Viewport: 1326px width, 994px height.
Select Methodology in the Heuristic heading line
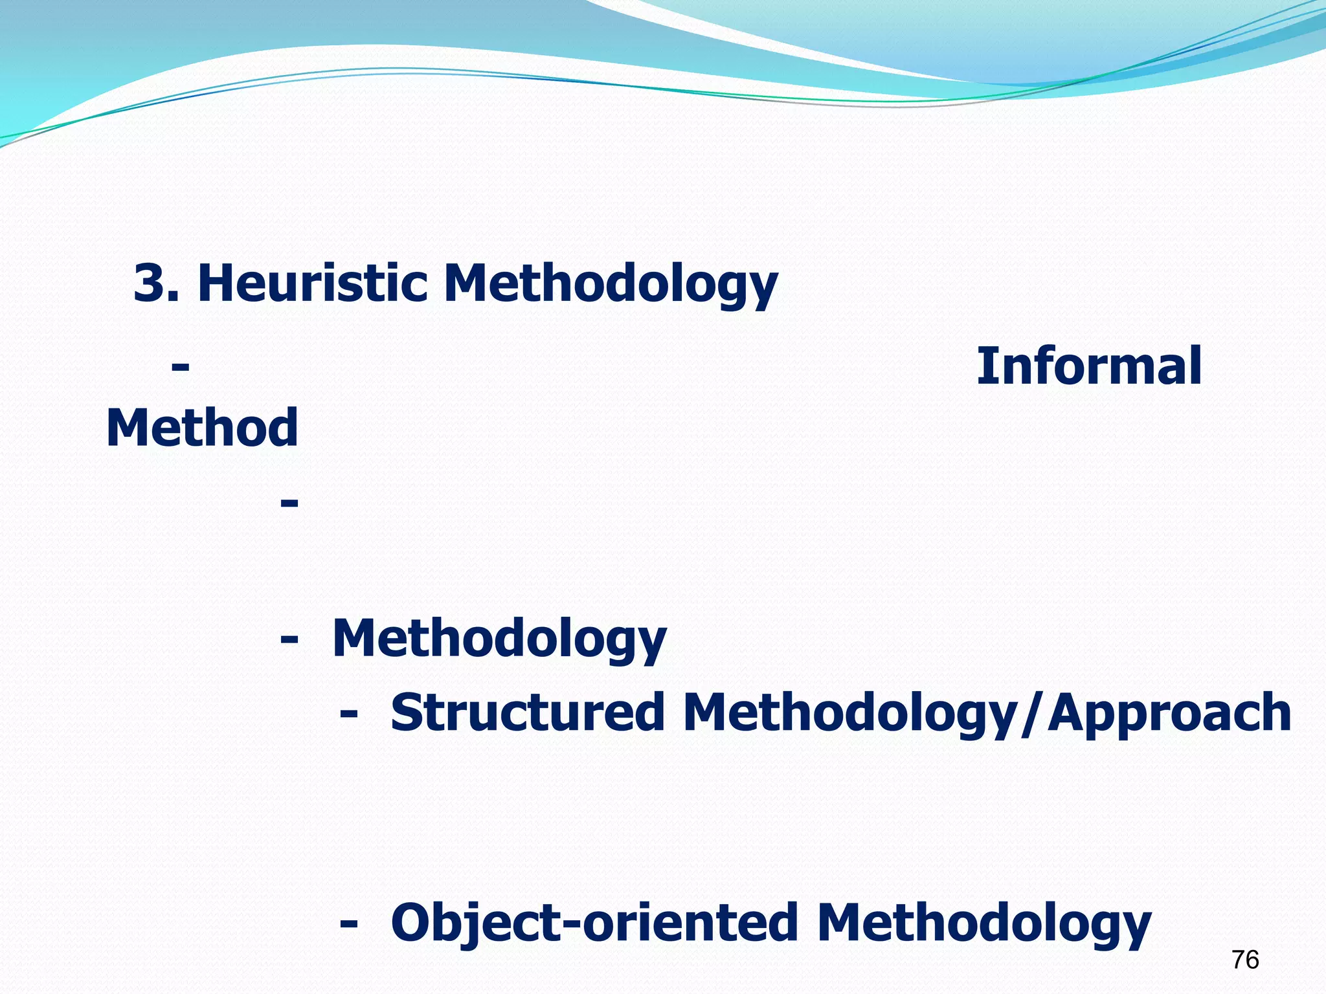pos(610,285)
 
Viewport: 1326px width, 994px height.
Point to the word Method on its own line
pos(202,428)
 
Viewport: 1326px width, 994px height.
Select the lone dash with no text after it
pos(289,503)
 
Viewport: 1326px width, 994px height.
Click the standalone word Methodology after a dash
pos(499,639)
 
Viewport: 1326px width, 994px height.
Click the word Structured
pos(528,712)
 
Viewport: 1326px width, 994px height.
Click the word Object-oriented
pos(594,923)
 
